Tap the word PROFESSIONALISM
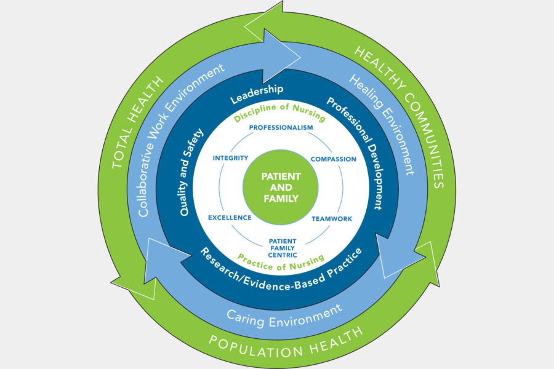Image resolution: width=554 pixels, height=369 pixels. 281,127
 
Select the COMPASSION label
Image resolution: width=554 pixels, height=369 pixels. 333,159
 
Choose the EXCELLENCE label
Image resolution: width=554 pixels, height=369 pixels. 230,218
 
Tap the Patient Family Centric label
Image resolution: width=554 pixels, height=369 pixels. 283,247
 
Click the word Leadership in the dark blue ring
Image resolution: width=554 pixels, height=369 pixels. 256,92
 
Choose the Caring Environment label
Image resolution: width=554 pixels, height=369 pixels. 284,314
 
